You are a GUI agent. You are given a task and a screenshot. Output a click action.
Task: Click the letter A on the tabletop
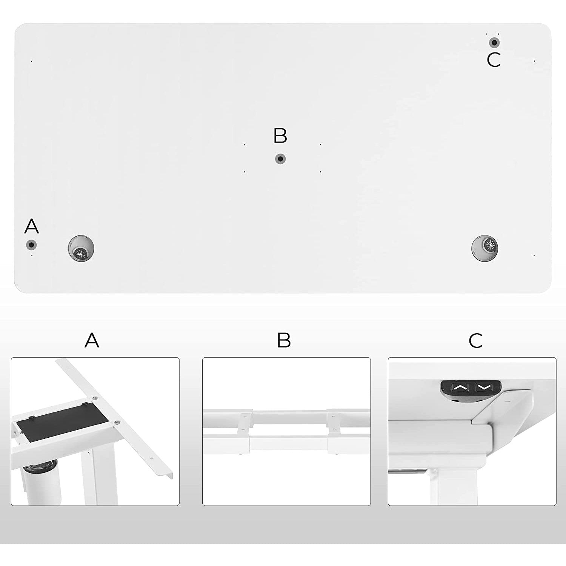point(32,226)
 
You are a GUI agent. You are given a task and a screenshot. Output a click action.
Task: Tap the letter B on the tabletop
point(280,136)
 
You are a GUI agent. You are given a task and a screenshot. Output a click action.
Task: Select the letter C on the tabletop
point(494,60)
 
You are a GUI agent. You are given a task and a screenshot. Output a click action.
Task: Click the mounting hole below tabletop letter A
point(31,245)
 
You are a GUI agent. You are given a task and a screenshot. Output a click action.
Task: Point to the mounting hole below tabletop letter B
point(280,159)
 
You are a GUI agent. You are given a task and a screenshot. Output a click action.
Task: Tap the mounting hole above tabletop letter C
point(494,43)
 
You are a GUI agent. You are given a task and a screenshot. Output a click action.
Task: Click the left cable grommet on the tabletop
point(81,248)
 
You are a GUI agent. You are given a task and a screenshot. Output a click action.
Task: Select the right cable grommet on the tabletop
point(484,248)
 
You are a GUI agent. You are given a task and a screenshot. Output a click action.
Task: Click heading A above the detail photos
point(92,340)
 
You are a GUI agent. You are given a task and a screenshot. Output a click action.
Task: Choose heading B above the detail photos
point(284,340)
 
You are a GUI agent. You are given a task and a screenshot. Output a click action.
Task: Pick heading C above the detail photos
point(475,341)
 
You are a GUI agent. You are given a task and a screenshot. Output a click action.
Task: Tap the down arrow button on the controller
point(484,387)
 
